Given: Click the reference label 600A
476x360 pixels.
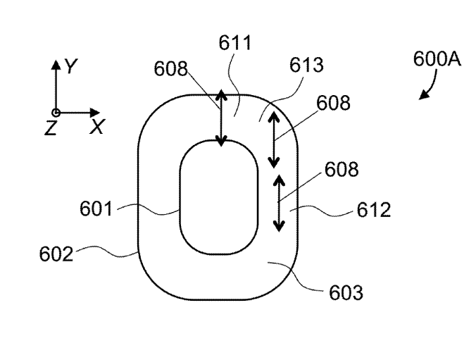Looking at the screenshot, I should tap(437, 60).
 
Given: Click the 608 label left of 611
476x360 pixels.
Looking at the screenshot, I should tap(172, 69).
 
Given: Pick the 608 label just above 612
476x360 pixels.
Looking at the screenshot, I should tap(342, 170).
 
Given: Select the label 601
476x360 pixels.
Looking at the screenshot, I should tap(96, 208).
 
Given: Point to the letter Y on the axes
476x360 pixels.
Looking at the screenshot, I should tap(70, 67).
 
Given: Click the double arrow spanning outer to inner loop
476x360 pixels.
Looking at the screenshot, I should tap(222, 118).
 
